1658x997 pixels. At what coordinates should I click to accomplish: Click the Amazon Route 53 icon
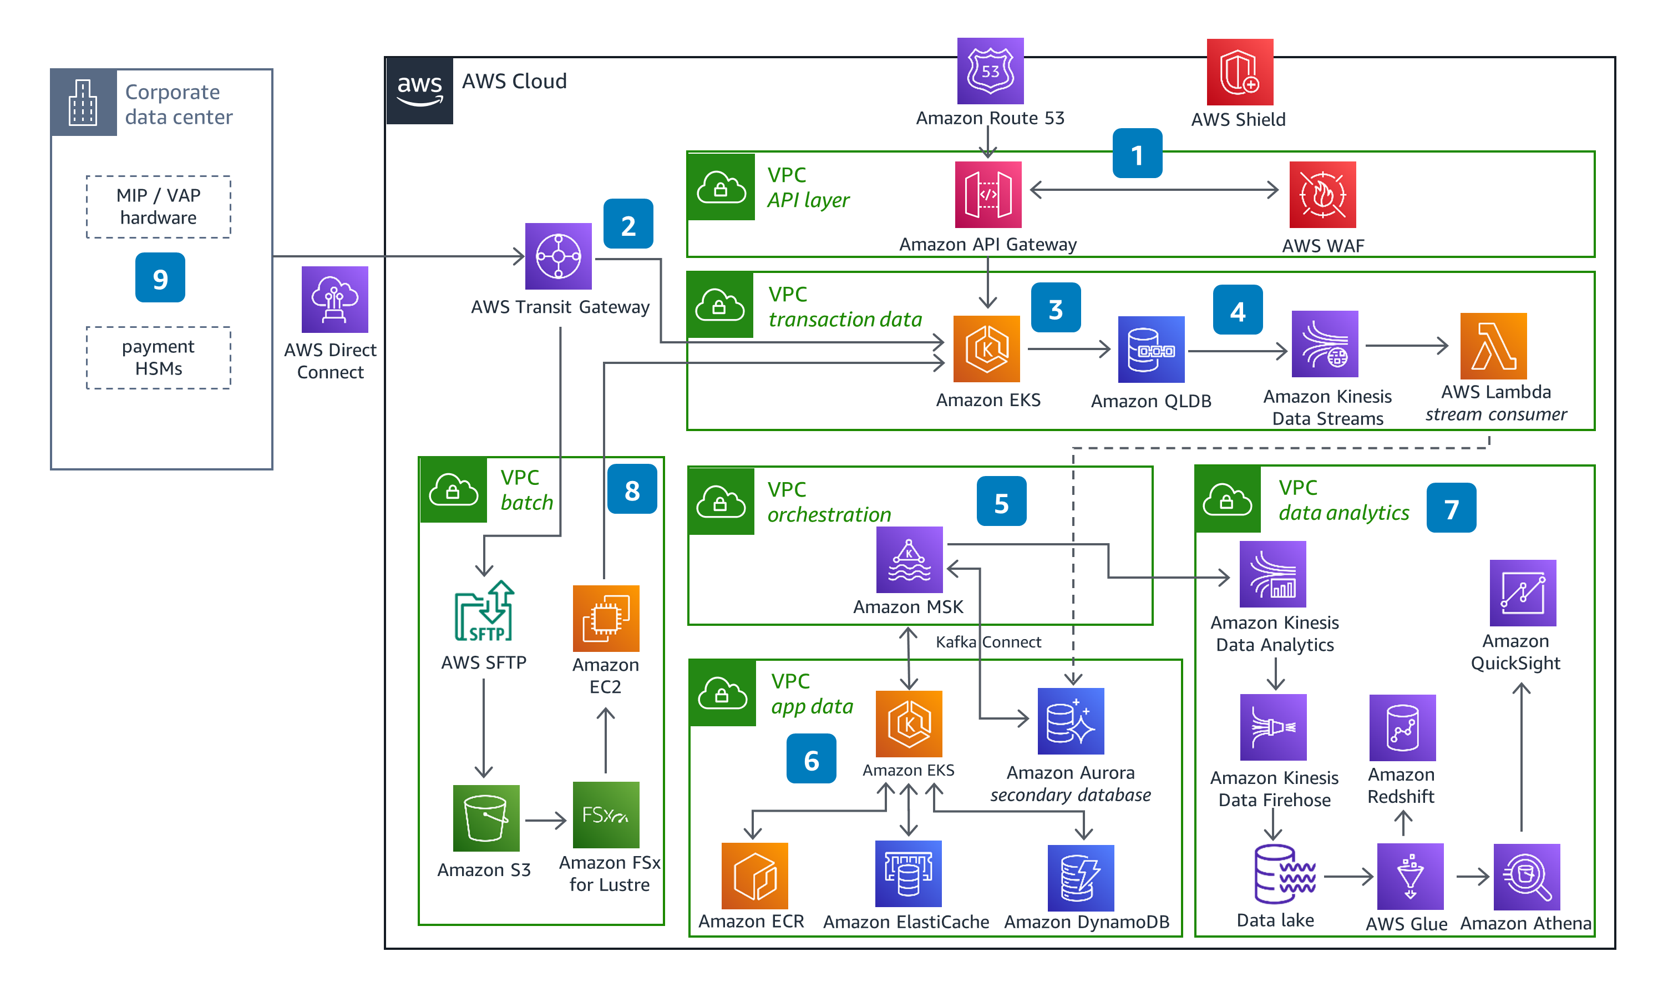click(990, 70)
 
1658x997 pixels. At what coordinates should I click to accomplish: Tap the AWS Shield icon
click(1239, 72)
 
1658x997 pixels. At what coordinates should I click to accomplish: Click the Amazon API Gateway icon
click(988, 195)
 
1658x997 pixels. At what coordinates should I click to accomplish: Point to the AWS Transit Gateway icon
click(558, 256)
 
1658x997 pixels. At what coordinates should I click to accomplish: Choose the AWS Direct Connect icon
click(334, 300)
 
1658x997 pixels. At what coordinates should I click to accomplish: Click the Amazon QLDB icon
click(1150, 350)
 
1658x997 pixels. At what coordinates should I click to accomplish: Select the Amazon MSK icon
click(909, 560)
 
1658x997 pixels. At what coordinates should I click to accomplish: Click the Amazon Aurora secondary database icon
click(1070, 721)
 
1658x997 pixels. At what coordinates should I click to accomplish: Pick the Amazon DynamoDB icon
click(1080, 877)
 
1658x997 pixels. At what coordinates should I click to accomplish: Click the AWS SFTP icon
click(484, 611)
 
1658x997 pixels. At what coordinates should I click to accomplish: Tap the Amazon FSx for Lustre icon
click(606, 815)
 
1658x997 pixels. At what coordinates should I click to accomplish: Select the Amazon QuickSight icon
click(1522, 593)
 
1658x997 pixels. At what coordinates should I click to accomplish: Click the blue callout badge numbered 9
click(160, 278)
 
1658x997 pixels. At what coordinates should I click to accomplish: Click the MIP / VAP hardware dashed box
click(159, 207)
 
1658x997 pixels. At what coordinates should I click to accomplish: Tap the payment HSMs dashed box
click(159, 358)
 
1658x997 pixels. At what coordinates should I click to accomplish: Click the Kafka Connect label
click(988, 642)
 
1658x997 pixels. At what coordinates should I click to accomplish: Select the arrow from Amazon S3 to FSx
click(545, 821)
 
